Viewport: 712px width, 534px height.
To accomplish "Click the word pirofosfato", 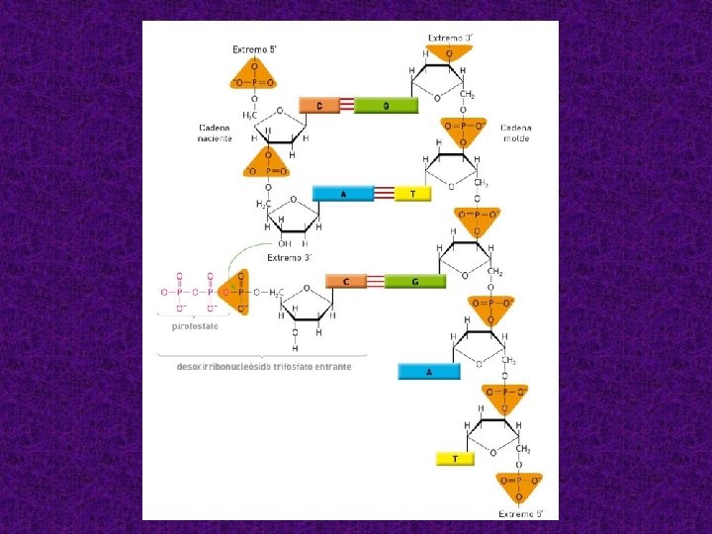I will coord(195,325).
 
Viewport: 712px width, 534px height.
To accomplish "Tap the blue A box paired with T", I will coord(343,194).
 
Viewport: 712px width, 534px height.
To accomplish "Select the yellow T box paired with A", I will coord(412,194).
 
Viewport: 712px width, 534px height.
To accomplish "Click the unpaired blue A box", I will coord(428,372).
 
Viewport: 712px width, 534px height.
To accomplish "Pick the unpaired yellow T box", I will coord(454,459).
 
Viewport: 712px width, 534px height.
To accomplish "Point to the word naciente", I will coord(215,138).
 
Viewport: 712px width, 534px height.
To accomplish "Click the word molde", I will coord(515,138).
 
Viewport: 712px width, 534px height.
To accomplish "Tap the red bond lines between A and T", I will coord(384,194).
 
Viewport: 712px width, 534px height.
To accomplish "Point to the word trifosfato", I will coord(290,366).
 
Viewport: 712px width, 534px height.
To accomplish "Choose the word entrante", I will coord(330,366).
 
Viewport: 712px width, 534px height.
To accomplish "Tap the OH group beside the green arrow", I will coord(285,243).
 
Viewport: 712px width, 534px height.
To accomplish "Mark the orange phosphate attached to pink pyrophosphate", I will coord(236,292).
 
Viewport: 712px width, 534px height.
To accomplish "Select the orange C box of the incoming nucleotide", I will coord(346,282).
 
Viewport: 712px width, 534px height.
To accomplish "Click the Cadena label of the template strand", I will coord(515,128).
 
